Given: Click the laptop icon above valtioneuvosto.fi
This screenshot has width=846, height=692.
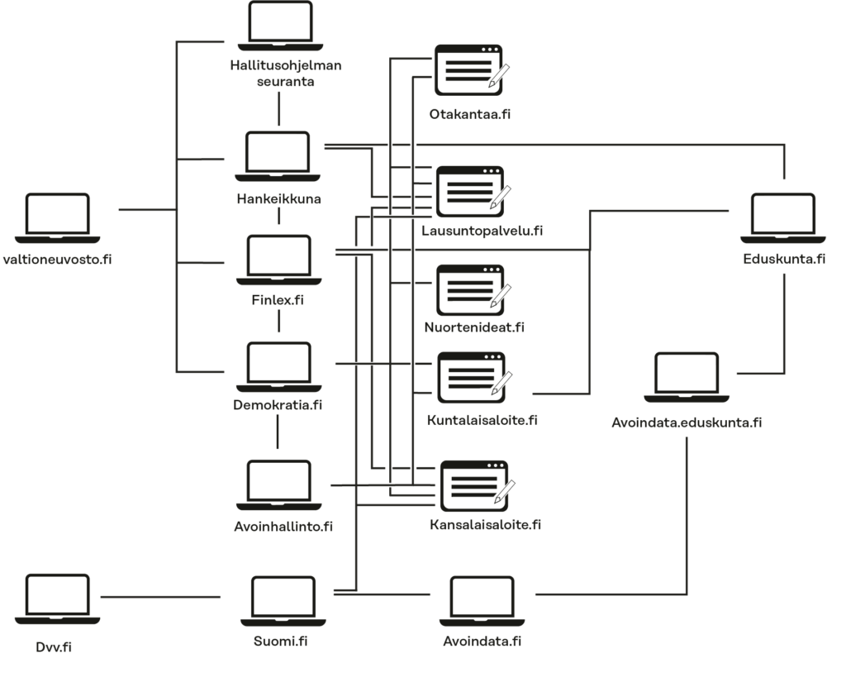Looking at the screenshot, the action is click(57, 218).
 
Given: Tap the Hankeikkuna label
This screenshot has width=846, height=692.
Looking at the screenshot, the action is click(279, 198).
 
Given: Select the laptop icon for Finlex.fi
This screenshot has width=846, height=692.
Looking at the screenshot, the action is click(279, 260).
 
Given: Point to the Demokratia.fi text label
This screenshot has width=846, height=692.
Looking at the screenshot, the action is click(278, 405).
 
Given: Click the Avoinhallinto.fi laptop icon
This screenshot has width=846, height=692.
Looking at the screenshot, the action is click(279, 484).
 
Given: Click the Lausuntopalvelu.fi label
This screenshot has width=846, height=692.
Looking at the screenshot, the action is click(482, 231).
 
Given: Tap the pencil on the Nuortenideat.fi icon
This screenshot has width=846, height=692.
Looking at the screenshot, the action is click(500, 296).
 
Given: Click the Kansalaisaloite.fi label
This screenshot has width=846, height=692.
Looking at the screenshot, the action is click(485, 525).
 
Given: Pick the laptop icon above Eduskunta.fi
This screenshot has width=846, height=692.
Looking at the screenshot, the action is click(783, 218).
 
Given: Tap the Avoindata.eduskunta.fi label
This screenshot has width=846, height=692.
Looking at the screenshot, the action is click(687, 422).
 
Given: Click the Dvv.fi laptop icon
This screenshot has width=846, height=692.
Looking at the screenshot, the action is click(57, 599).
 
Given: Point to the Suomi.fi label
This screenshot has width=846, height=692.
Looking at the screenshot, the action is click(281, 642).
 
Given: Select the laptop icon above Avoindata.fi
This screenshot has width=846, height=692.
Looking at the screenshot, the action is click(482, 601).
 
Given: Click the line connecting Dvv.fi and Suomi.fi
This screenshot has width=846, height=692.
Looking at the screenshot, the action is click(160, 597).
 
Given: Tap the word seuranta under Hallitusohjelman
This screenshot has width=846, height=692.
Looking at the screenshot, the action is click(285, 82).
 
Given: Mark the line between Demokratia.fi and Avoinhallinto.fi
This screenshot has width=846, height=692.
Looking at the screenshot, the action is click(278, 432).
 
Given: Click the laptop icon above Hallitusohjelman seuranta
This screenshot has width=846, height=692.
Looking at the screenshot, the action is click(281, 26).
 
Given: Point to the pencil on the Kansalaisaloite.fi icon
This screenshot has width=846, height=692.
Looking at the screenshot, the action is click(505, 492).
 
